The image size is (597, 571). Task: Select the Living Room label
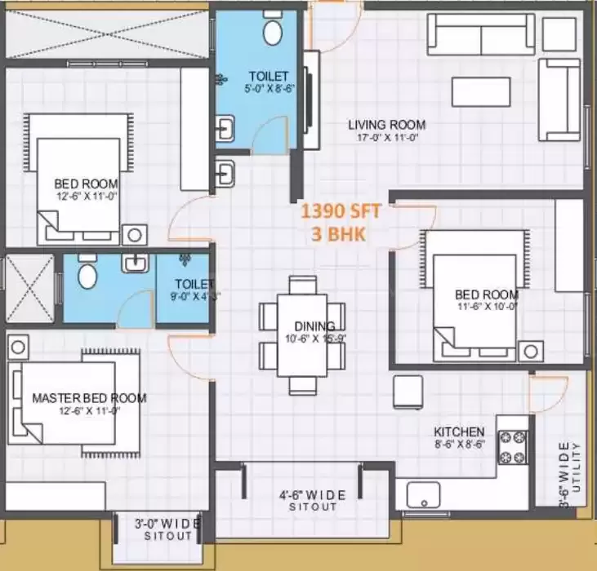click(386, 125)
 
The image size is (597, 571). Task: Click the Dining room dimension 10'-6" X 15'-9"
click(305, 339)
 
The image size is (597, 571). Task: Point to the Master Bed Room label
click(89, 398)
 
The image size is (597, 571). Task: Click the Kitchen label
click(459, 432)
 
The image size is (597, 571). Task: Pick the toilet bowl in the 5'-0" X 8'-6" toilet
click(272, 33)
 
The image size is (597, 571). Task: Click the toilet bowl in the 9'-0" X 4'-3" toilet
click(88, 274)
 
